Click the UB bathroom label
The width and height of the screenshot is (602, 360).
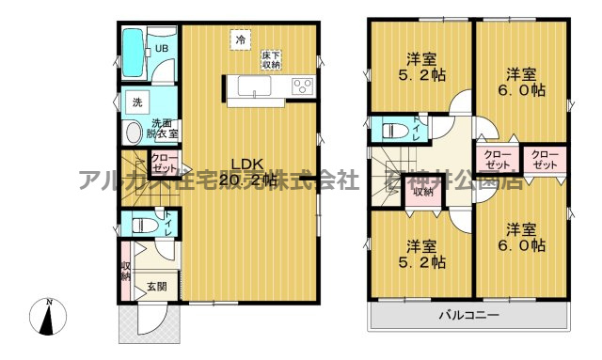[162, 49]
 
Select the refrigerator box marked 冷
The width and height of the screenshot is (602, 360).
[242, 39]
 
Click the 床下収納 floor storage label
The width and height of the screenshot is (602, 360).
[272, 60]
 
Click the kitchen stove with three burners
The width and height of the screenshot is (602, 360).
[303, 87]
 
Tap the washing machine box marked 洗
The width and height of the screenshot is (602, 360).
[136, 102]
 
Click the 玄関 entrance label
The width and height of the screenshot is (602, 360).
[156, 286]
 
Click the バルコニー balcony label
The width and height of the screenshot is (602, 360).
[468, 314]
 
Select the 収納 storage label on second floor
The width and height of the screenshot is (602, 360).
[422, 192]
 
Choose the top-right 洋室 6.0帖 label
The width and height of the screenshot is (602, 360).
[524, 82]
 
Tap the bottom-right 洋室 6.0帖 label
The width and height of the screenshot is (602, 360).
[524, 237]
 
